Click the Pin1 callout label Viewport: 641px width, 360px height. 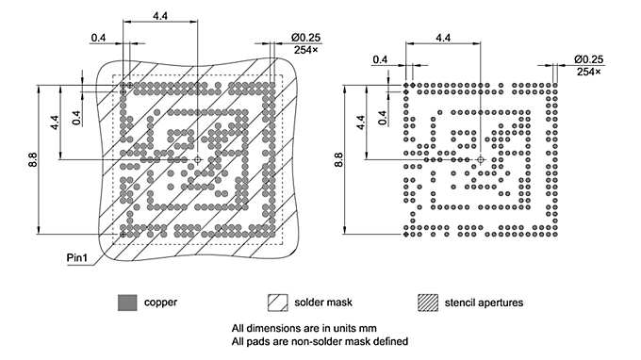[78, 256]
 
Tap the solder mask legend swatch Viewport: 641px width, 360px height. [280, 303]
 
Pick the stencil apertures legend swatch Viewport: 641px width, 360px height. [431, 303]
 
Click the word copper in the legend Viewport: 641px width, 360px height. [160, 303]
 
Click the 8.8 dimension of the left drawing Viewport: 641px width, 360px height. [33, 159]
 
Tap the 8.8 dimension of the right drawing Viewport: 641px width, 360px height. [341, 159]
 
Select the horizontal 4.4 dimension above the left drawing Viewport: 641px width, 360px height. [159, 17]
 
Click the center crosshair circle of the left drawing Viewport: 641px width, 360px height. [197, 159]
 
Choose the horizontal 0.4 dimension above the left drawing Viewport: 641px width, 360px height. [98, 38]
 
